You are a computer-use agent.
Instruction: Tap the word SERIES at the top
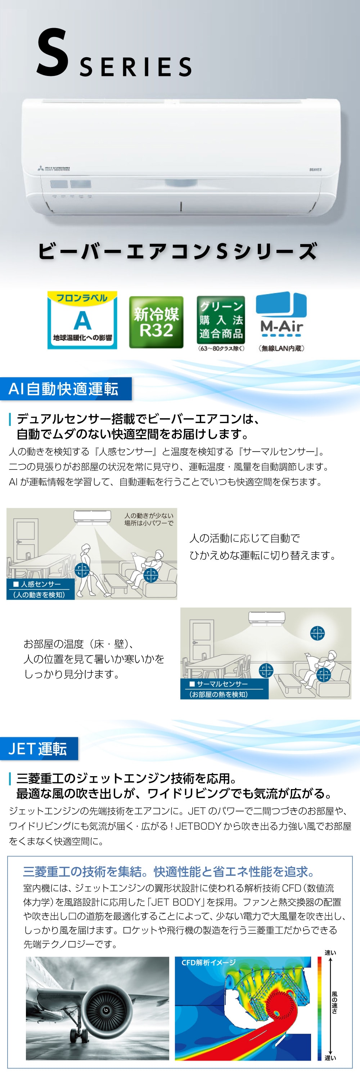point(135,67)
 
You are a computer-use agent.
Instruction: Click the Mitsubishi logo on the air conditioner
point(53,168)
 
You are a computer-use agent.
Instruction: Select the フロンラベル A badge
point(82,320)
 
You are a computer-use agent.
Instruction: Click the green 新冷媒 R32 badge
point(156,322)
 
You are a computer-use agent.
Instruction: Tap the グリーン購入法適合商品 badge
point(221,320)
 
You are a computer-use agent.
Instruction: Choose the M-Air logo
point(281,314)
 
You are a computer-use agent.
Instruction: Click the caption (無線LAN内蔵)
point(281,348)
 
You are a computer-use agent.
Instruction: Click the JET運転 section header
point(39,748)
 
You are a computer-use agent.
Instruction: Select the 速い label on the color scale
point(330,953)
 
